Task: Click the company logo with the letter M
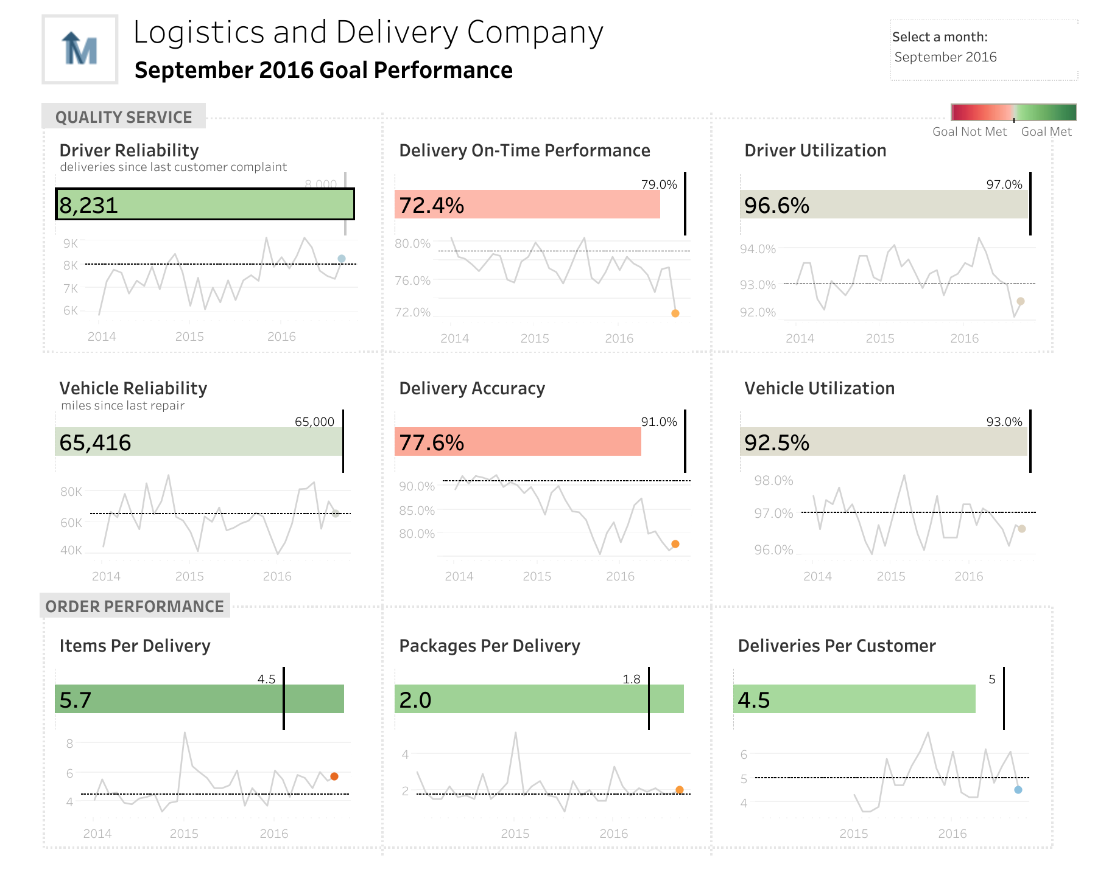point(80,49)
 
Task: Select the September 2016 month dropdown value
point(945,57)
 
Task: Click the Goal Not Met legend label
point(970,131)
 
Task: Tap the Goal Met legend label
point(1046,131)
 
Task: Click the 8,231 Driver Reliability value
point(89,206)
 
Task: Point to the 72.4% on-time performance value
point(432,206)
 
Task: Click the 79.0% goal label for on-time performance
point(659,184)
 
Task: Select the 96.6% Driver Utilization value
point(777,206)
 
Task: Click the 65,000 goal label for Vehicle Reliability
point(314,422)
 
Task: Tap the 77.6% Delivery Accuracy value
point(432,443)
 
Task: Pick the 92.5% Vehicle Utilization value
point(777,443)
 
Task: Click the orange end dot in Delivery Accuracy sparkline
point(675,544)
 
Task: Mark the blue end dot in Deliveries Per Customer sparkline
point(1018,790)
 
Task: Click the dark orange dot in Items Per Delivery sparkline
point(334,776)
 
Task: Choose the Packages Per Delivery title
point(490,646)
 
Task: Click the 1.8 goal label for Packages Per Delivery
point(632,679)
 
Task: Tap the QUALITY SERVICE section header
point(124,117)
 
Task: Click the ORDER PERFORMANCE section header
point(135,606)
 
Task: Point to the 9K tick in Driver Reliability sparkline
point(71,243)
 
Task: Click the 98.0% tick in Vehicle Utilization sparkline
point(773,481)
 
